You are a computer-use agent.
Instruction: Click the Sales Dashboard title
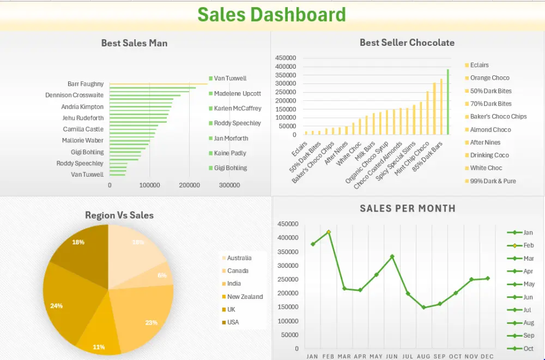[x=271, y=15]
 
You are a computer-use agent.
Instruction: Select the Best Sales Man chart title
[x=134, y=43]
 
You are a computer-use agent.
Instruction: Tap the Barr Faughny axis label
[x=86, y=84]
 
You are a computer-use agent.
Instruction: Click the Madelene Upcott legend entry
[x=237, y=93]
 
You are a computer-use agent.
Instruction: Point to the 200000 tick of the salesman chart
[x=189, y=185]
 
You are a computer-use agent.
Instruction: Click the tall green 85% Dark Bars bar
[x=448, y=102]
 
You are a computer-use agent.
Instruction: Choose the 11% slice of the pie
[x=99, y=346]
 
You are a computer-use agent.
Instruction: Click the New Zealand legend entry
[x=245, y=297]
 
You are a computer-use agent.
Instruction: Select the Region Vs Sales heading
[x=119, y=215]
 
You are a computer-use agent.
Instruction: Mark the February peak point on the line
[x=328, y=232]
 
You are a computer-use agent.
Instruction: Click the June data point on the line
[x=392, y=256]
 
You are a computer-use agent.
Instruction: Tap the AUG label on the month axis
[x=423, y=356]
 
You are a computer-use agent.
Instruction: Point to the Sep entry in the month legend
[x=528, y=336]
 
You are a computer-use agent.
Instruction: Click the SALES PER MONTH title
[x=408, y=208]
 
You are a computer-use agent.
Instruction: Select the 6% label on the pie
[x=162, y=275]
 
